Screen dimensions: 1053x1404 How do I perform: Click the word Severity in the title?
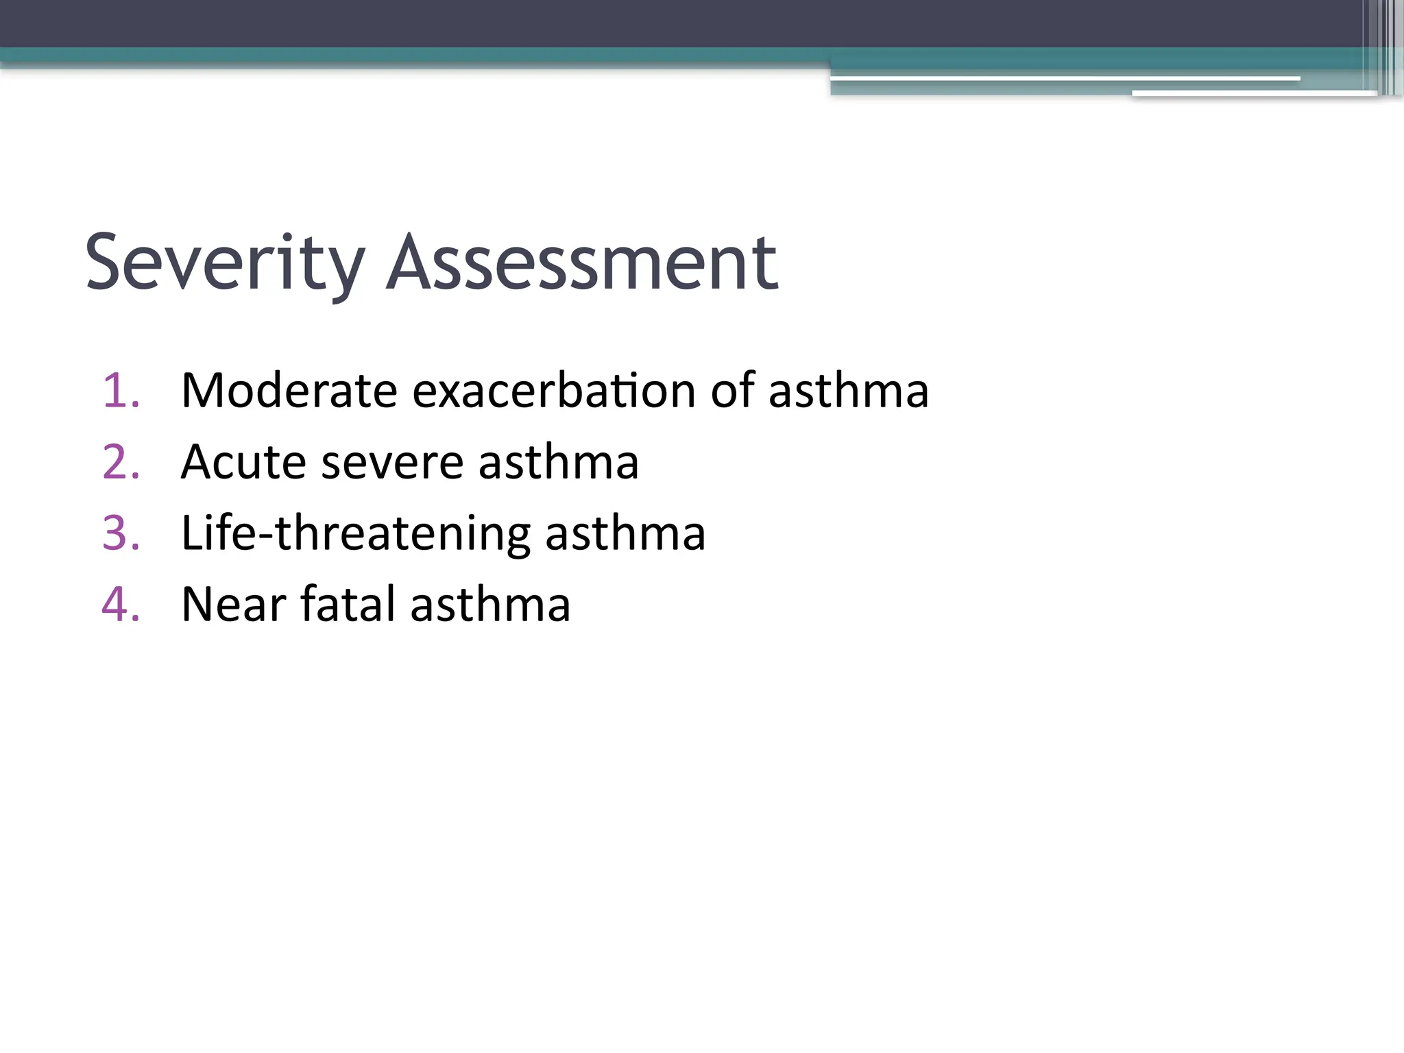pos(225,265)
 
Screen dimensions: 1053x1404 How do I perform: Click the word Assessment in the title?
pos(582,265)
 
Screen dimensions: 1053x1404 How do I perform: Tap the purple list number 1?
pos(121,391)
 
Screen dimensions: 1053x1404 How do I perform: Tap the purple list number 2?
pos(121,463)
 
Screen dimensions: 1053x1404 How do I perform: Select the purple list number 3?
pos(121,534)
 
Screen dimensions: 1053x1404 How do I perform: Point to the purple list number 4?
pos(121,605)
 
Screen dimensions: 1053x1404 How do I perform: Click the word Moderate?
pos(289,391)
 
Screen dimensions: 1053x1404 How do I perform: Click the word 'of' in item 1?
pos(732,391)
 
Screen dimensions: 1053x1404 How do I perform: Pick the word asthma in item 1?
pos(848,391)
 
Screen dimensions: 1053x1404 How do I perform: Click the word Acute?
pos(243,463)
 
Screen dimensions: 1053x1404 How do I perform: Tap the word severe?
pos(392,463)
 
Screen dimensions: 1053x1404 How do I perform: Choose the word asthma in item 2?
pos(558,463)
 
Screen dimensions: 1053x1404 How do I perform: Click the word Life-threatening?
pos(356,534)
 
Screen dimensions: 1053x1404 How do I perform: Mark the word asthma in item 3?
pos(625,534)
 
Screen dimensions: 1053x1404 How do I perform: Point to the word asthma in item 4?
pos(490,605)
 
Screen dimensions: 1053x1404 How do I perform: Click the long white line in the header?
pos(1065,79)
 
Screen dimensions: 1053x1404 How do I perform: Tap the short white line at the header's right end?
pos(1254,93)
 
